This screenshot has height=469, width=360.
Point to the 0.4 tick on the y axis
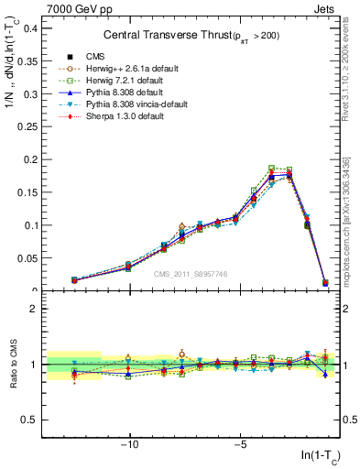[x=30, y=27]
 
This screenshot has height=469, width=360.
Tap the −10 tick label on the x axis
[x=129, y=445]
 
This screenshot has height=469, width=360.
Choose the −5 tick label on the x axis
[x=239, y=445]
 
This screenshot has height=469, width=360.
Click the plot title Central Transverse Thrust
[x=196, y=35]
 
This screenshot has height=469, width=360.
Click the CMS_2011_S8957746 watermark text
[x=191, y=274]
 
